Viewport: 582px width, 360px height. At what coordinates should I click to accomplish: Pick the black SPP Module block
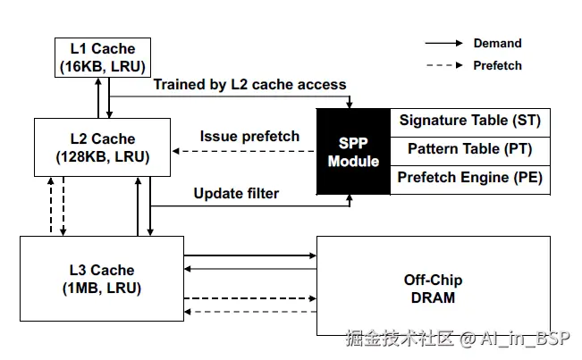coord(353,152)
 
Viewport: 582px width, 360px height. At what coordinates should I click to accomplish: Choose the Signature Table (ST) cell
coord(469,121)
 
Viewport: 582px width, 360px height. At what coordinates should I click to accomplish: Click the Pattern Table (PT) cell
coord(469,149)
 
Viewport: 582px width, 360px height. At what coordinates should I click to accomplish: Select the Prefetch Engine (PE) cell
coord(469,179)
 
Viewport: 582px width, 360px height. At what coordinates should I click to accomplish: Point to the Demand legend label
coord(497,43)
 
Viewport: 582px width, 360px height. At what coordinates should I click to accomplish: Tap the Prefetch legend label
coord(497,65)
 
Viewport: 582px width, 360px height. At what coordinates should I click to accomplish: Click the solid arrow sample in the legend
coord(443,43)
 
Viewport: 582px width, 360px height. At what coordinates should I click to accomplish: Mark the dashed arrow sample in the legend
coord(443,65)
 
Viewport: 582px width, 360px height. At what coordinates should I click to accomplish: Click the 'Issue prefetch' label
coord(249,137)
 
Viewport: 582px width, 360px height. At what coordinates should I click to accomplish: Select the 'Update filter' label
coord(236,193)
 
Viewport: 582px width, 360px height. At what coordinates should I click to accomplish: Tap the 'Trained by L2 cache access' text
coord(249,85)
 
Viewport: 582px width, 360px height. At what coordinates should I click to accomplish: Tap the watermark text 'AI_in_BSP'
coord(526,339)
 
